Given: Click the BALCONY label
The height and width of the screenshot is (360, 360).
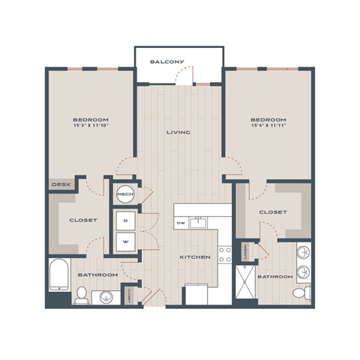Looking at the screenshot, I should (x=166, y=61).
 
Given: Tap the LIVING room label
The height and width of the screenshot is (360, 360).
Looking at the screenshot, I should (x=178, y=133).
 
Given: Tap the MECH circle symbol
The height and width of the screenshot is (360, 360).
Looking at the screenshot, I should (x=124, y=195).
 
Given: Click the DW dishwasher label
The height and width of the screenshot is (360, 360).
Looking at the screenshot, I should (x=181, y=223).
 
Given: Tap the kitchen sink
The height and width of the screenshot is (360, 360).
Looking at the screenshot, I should (x=200, y=221).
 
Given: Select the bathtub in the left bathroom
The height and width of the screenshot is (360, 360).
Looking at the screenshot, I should (x=58, y=275).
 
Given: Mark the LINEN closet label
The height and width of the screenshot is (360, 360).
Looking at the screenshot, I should (x=247, y=253).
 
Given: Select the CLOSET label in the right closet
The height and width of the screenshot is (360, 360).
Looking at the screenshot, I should (x=273, y=212).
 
